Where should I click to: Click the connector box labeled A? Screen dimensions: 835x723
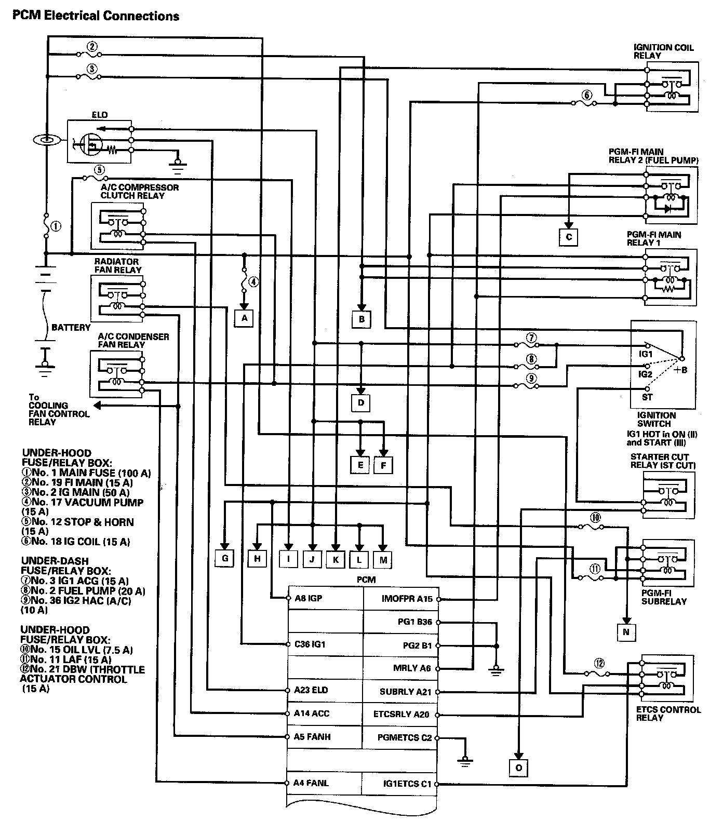tap(244, 317)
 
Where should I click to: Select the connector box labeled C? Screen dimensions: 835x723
tap(569, 237)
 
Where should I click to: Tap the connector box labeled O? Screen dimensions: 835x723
tap(518, 767)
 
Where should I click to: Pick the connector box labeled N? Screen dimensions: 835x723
tap(626, 631)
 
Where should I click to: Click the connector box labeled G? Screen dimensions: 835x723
tap(225, 558)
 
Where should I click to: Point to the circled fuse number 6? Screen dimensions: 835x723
tap(586, 95)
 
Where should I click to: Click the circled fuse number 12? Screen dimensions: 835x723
tap(600, 663)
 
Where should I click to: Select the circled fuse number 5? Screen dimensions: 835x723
tap(99, 170)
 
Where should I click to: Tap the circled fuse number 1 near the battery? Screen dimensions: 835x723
tap(56, 226)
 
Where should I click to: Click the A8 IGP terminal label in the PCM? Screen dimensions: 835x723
tap(309, 598)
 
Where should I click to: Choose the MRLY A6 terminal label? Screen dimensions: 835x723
tap(412, 668)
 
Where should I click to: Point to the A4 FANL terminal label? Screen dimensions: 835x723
tap(311, 783)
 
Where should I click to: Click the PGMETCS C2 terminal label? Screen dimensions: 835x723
tap(405, 737)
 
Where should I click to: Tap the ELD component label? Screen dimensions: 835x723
tap(99, 115)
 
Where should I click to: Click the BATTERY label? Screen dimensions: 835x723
tap(71, 328)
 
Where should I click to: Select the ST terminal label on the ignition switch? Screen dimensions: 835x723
tap(647, 397)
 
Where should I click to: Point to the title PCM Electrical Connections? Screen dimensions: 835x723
tap(96, 16)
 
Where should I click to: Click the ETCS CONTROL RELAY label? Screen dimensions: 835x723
tap(668, 713)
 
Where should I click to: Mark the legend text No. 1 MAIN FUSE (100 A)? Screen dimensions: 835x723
tap(89, 473)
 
